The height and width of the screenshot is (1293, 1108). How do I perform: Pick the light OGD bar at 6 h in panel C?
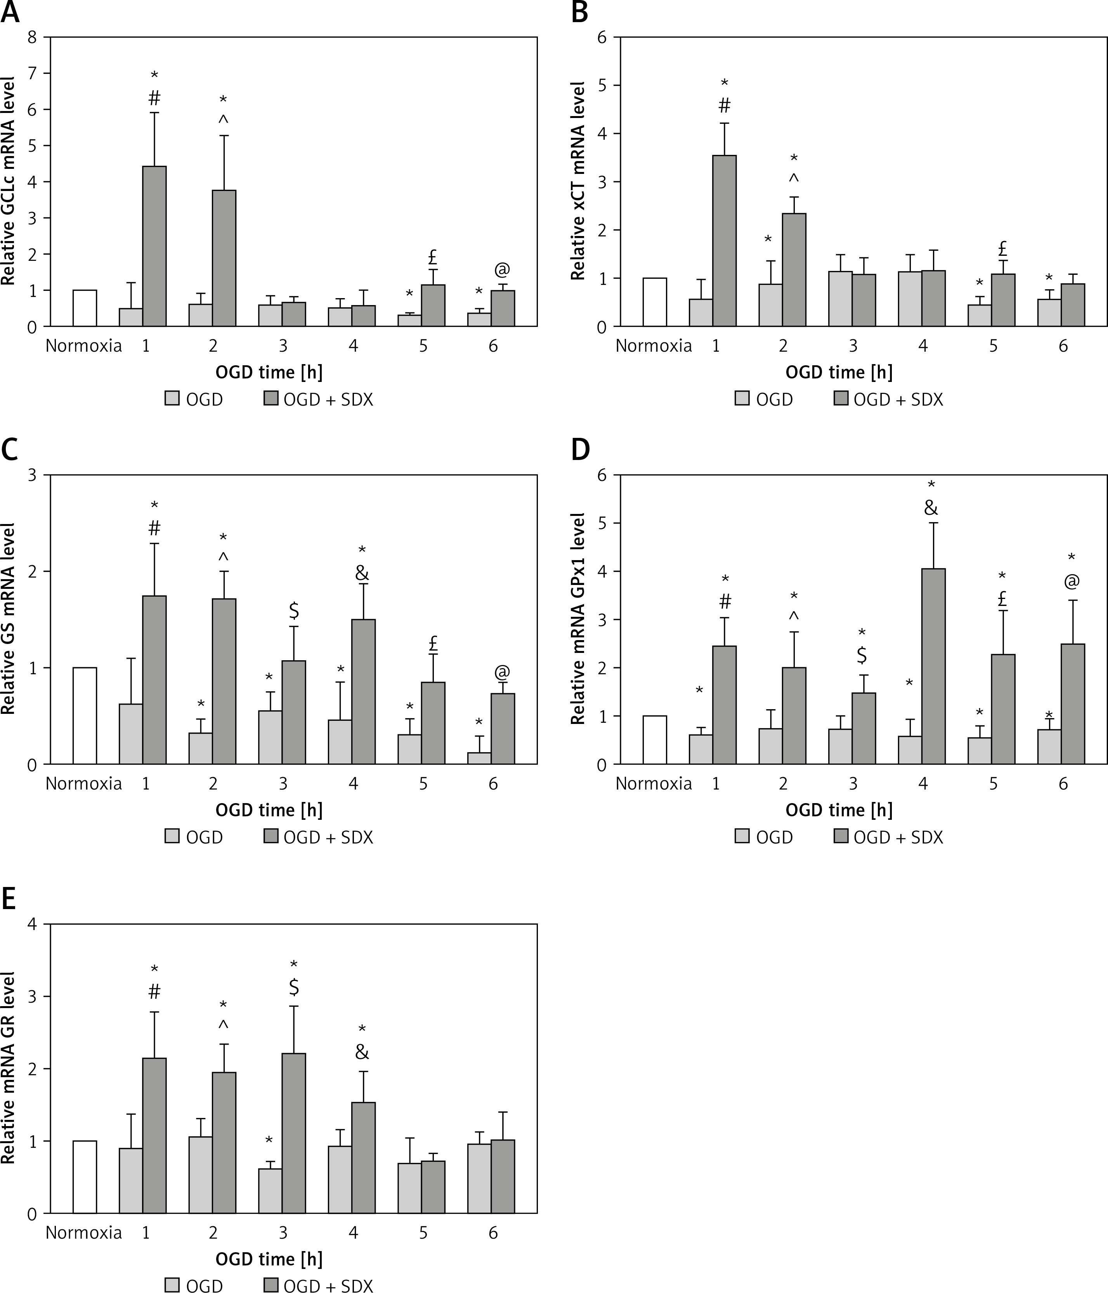coord(479,758)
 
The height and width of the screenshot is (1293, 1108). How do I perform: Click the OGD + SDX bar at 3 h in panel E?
coord(294,1142)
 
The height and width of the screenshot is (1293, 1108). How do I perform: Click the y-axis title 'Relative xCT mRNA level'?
coord(578,181)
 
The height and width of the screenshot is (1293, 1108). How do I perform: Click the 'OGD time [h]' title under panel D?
coord(839,810)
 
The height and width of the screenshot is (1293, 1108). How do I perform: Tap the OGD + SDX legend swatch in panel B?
coord(840,398)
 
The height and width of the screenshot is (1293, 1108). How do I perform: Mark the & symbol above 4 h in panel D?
coord(931,508)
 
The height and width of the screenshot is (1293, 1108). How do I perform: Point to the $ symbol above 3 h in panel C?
coord(294,610)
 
